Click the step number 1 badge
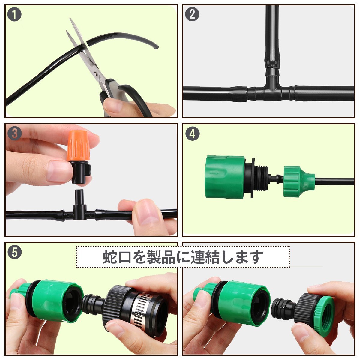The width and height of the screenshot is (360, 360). tap(14, 14)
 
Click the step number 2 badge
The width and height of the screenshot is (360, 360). tap(192, 14)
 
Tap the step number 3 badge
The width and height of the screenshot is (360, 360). tap(15, 133)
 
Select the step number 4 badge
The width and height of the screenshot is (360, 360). tap(192, 133)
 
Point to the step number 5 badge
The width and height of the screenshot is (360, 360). tap(15, 252)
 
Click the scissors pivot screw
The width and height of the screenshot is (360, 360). tap(96, 74)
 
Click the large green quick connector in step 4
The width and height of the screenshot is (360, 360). tap(225, 176)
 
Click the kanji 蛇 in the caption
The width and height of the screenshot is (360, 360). tap(110, 257)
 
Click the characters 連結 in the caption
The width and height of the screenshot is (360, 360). tap(205, 257)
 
